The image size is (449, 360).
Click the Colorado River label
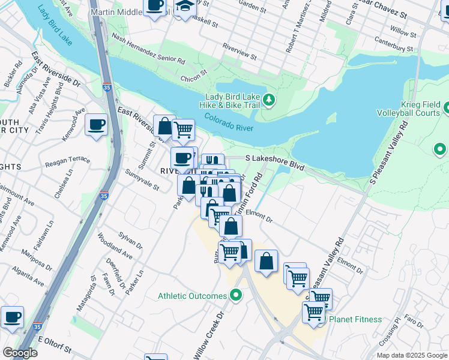tap(228, 122)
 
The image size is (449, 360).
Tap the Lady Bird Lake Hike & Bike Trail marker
tap(270, 100)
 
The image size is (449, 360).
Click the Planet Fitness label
tap(355, 319)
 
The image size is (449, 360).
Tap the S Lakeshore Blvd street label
tap(276, 158)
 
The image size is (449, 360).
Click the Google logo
tap(20, 353)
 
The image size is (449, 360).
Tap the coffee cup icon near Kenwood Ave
tap(96, 125)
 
